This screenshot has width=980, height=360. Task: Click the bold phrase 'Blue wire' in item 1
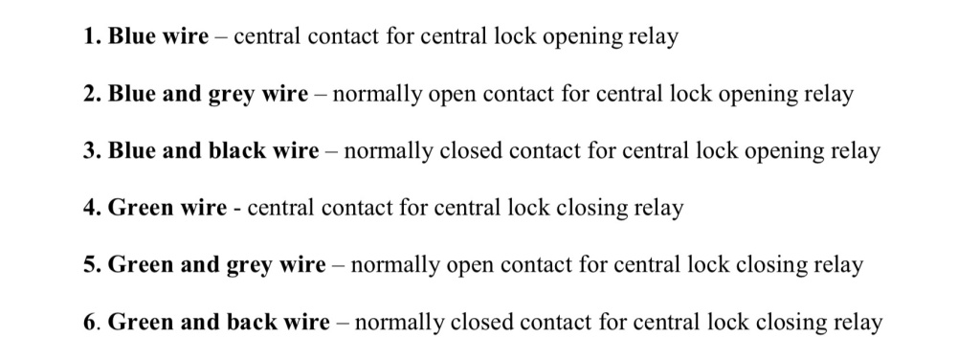click(x=159, y=36)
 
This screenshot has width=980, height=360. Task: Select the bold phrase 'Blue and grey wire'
click(x=208, y=95)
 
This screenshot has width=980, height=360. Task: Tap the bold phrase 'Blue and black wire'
click(x=213, y=150)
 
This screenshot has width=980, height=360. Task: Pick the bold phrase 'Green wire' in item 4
click(x=167, y=208)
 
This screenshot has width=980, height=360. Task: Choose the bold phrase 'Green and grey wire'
click(x=217, y=265)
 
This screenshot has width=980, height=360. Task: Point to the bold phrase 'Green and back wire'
click(x=219, y=322)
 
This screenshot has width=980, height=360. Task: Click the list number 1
click(x=92, y=36)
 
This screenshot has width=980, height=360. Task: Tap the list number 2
click(x=92, y=94)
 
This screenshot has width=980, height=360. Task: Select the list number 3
click(x=92, y=150)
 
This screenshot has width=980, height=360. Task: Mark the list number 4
click(x=92, y=208)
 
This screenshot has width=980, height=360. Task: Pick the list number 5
click(x=92, y=264)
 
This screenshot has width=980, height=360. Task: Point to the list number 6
click(x=91, y=322)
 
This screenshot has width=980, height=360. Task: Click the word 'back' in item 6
click(x=252, y=322)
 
